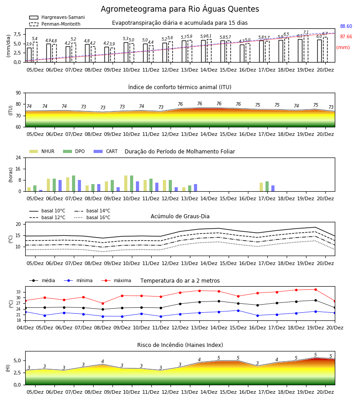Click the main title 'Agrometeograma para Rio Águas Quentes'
click(x=180, y=9)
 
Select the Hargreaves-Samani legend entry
click(x=57, y=17)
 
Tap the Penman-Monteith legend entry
click(x=55, y=24)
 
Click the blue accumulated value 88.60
click(x=346, y=27)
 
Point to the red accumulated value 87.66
click(x=346, y=37)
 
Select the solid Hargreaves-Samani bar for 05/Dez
click(x=29, y=55)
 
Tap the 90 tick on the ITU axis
click(x=18, y=93)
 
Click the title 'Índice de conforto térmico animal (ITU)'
click(x=180, y=87)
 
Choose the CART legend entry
click(x=106, y=151)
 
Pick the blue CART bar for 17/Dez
click(x=273, y=189)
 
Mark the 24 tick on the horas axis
click(x=18, y=157)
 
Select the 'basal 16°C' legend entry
click(x=92, y=217)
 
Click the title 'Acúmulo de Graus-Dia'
click(x=180, y=216)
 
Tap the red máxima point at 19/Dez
click(x=315, y=289)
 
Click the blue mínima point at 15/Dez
click(x=238, y=310)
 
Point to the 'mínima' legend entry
click(x=78, y=280)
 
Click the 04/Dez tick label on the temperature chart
click(x=25, y=328)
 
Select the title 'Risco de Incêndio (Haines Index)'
click(x=180, y=345)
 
